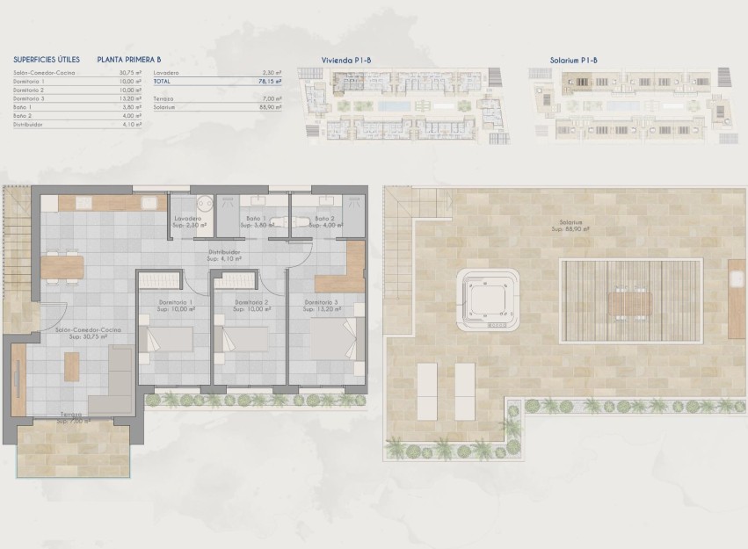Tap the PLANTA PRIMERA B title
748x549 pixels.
(129, 59)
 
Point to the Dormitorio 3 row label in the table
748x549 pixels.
(29, 98)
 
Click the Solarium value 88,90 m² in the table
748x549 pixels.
(269, 107)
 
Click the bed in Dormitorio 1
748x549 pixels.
(171, 339)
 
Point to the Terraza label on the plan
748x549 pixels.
(72, 415)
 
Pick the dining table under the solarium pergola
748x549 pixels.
(631, 303)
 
